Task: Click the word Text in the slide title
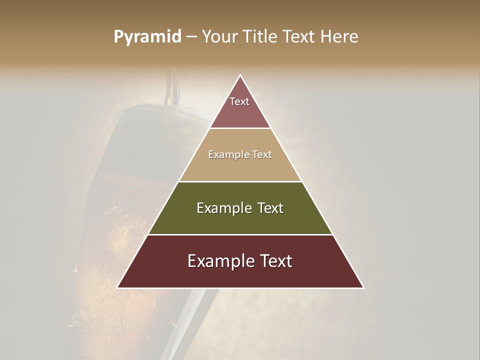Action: [299, 37]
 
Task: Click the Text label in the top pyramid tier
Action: [239, 101]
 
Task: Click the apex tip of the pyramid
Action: [240, 76]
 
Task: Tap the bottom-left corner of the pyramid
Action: [118, 287]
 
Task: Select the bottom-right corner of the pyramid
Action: [363, 287]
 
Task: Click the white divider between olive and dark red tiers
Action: [240, 234]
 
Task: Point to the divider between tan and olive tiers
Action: [240, 181]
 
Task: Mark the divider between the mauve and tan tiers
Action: [240, 128]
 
